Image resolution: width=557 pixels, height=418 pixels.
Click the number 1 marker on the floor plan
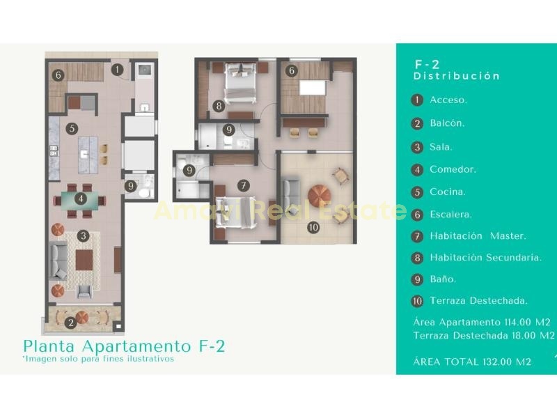click(117, 70)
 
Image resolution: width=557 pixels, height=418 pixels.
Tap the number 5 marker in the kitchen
click(72, 128)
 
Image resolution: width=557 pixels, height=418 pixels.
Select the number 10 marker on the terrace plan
click(313, 228)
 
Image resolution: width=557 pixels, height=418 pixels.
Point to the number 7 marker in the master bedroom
click(243, 185)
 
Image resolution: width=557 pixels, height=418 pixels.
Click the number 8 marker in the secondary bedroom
click(219, 106)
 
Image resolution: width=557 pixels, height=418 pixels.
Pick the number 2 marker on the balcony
click(71, 323)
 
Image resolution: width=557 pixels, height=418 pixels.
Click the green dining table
click(80, 201)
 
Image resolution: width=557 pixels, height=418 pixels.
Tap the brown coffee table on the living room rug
click(84, 260)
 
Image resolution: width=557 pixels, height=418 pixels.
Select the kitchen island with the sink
click(88, 155)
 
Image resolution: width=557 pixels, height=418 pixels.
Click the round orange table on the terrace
click(320, 196)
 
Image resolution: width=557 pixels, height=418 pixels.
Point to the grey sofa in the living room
click(58, 261)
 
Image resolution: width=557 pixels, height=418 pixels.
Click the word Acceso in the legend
click(448, 100)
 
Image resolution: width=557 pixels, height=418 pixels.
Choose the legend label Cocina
click(448, 192)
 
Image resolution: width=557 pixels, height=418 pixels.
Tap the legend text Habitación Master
click(478, 236)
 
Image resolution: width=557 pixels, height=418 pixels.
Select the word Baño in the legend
click(443, 279)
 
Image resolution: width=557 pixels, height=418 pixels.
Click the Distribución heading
click(457, 76)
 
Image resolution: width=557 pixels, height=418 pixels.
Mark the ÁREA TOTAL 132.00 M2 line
click(472, 362)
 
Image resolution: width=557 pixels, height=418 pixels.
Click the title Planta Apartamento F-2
click(124, 346)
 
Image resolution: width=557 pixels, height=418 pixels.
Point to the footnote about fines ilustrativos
click(98, 359)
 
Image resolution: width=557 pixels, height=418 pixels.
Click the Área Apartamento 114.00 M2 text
click(482, 323)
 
